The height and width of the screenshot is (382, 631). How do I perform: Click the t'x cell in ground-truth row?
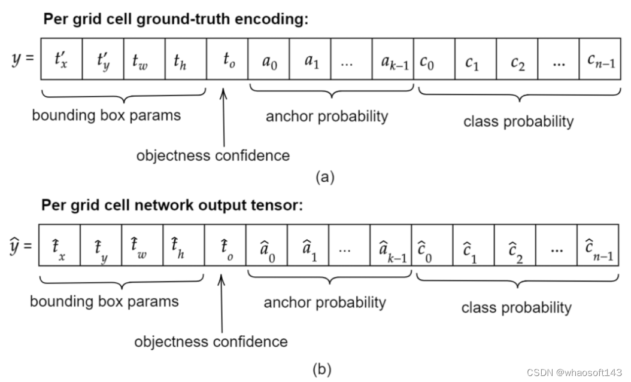point(61,60)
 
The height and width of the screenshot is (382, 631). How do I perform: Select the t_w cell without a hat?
point(144,60)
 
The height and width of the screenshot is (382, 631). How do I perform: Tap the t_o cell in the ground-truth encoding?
point(227,60)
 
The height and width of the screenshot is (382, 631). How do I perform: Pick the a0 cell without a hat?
point(269,60)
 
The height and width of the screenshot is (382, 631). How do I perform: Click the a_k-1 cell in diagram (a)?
point(393,60)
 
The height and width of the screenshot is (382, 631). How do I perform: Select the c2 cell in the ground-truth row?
point(517,60)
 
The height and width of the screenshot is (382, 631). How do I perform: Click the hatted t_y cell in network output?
point(101,245)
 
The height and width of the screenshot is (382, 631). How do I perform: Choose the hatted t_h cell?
point(183,245)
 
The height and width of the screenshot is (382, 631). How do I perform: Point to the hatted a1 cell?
point(308,245)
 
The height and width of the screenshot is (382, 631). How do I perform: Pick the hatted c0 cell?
point(432,245)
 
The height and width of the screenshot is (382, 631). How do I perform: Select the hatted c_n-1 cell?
point(598,245)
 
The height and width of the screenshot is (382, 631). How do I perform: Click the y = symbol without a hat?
point(23,60)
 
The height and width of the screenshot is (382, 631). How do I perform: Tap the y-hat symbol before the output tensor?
point(21,245)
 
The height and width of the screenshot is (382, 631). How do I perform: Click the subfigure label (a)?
point(324,176)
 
